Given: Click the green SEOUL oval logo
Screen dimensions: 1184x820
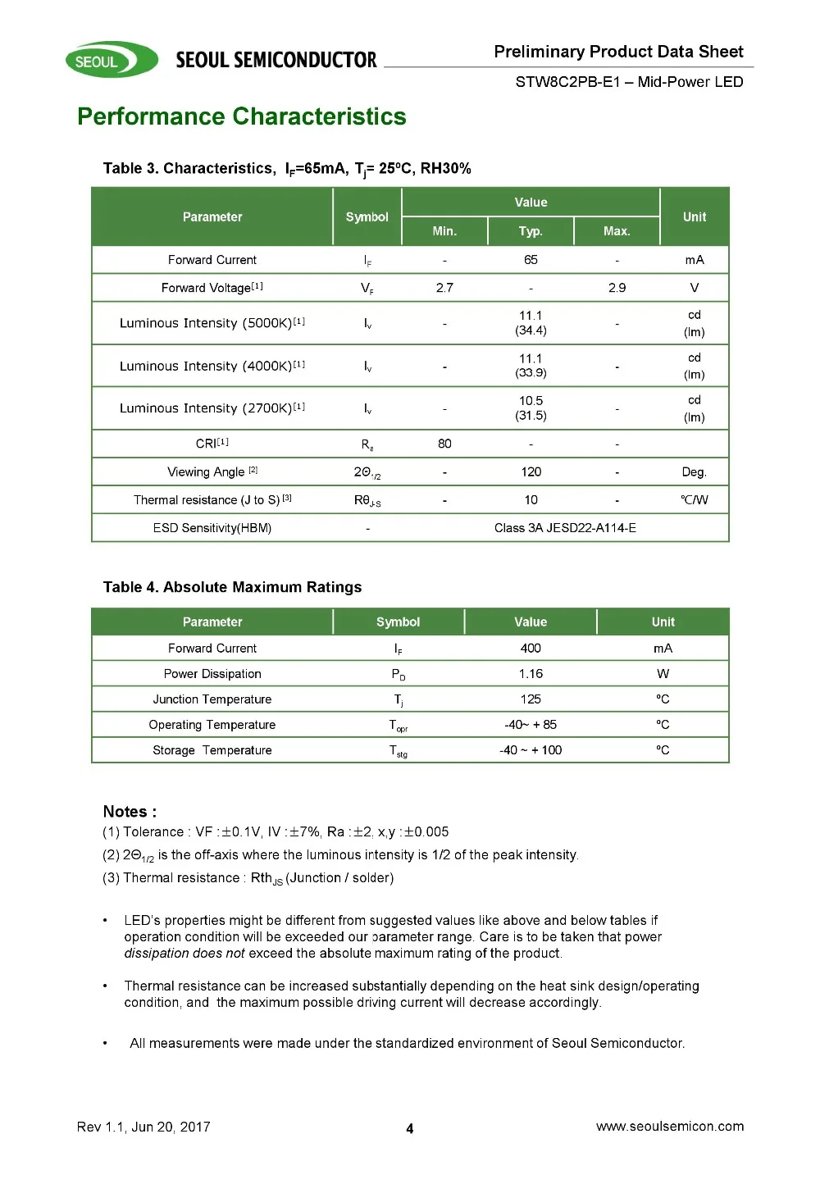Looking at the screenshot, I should tap(112, 60).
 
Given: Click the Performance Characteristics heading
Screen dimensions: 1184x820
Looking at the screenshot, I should tap(242, 116).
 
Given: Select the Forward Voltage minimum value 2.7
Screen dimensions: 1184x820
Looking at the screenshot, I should tap(444, 288).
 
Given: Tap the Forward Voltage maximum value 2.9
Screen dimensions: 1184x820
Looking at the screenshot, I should tap(617, 288).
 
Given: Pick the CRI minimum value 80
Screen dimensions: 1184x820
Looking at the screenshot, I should tap(444, 444).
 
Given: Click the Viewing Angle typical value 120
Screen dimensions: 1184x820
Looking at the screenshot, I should tap(531, 471).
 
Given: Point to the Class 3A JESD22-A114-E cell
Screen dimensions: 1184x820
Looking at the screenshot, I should tap(565, 528).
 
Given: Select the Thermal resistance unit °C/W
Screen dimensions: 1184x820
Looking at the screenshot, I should tap(694, 500).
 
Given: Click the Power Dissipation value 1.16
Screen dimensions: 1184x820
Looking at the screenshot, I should tap(531, 674).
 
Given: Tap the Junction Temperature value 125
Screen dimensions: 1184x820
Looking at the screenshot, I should tap(531, 699).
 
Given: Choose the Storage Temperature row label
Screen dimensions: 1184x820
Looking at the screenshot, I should tap(212, 750).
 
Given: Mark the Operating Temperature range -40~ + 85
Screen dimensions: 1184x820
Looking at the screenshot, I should tap(531, 725).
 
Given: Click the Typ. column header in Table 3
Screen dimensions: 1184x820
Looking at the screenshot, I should tap(531, 231).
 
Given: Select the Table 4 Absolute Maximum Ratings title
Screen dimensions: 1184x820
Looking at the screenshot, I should tap(232, 587).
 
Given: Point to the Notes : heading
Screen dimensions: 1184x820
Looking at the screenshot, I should tap(130, 812).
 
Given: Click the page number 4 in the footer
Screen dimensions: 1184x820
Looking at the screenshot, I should tap(410, 1129).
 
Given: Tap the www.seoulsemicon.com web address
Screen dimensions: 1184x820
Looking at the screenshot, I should tap(670, 1127).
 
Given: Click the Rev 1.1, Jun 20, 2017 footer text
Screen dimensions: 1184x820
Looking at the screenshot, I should tap(143, 1127).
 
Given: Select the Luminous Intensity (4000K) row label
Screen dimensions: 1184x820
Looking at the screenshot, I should tap(212, 366).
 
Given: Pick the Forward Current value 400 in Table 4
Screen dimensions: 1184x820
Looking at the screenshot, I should tap(531, 649).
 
